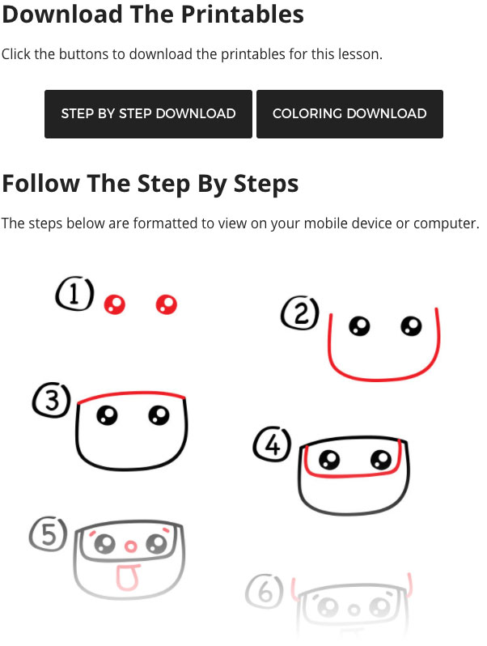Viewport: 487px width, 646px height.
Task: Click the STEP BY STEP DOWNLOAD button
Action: [x=148, y=113]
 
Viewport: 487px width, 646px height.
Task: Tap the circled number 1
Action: [x=74, y=293]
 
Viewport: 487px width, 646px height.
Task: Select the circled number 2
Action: [x=300, y=312]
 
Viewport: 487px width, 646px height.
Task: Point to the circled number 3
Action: [x=52, y=400]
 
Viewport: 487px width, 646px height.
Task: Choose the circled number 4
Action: [x=272, y=444]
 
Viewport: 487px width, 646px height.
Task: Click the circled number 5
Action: [x=49, y=534]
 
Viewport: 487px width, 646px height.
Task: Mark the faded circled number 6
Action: [x=265, y=591]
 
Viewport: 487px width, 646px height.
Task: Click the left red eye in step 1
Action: [x=114, y=305]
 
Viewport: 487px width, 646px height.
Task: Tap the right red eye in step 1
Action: [x=167, y=305]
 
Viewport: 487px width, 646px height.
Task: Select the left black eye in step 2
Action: [x=359, y=326]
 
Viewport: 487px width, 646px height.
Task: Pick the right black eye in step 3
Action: [x=159, y=414]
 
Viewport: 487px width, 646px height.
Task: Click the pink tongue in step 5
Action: [x=127, y=576]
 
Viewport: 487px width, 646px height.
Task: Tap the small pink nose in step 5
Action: [x=130, y=546]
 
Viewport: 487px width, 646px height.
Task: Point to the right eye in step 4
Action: [x=381, y=459]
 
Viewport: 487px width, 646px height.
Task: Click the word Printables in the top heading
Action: [x=243, y=14]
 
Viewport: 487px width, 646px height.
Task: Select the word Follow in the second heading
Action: [x=40, y=183]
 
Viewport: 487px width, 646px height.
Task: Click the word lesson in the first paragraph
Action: [x=360, y=54]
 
